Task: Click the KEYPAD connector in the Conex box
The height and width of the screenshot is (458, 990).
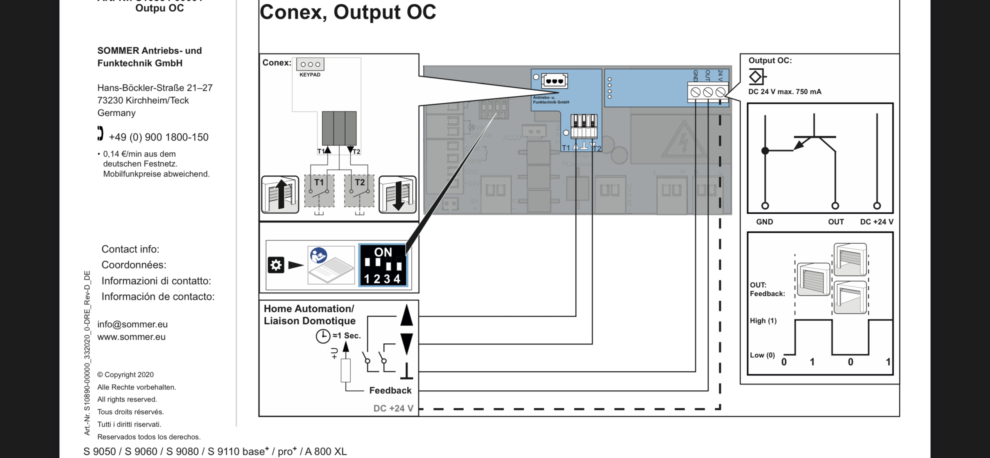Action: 310,64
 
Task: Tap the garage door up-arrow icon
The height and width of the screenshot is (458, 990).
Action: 280,195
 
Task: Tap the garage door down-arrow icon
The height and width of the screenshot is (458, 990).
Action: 398,195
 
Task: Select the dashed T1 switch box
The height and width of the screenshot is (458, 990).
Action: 319,191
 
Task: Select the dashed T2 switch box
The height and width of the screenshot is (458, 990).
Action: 359,191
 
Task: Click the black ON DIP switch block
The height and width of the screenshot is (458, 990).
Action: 383,265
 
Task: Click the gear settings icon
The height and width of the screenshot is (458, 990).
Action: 276,265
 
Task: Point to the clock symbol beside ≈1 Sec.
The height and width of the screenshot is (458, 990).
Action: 323,336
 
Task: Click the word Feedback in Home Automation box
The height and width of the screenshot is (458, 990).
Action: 390,390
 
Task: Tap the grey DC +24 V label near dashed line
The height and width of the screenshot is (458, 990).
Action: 393,408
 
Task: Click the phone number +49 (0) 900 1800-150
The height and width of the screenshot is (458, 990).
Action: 158,137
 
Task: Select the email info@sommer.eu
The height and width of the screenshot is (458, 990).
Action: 132,324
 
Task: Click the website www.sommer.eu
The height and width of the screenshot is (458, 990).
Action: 131,337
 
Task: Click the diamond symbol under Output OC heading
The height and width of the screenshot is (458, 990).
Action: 756,77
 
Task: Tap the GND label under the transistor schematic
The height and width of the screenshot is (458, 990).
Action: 764,222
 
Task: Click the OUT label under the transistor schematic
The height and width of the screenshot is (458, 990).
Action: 836,222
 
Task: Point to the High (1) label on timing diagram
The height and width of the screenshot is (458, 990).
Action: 763,321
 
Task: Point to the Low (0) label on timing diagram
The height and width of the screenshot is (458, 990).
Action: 762,355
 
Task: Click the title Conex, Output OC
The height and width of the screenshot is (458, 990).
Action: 348,12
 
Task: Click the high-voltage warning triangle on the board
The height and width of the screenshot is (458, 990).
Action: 683,139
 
